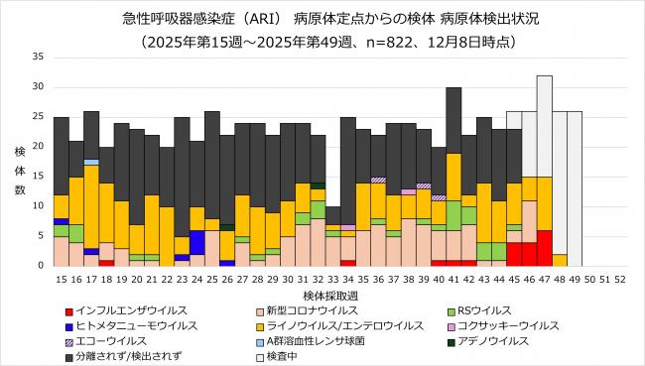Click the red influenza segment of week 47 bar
544,248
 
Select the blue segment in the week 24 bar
197,242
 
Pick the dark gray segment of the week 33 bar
333,216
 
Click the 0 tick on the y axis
41,266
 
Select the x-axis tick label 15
62,280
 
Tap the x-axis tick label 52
620,280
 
